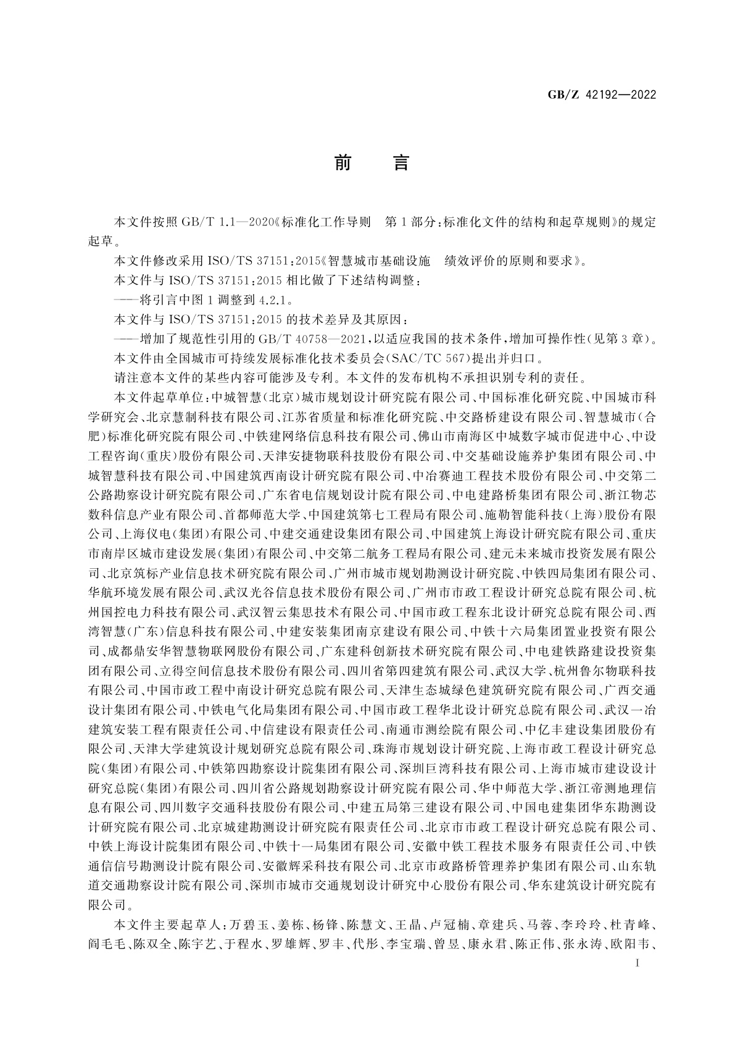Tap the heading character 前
tap(343, 163)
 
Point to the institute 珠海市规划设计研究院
tap(437, 749)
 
